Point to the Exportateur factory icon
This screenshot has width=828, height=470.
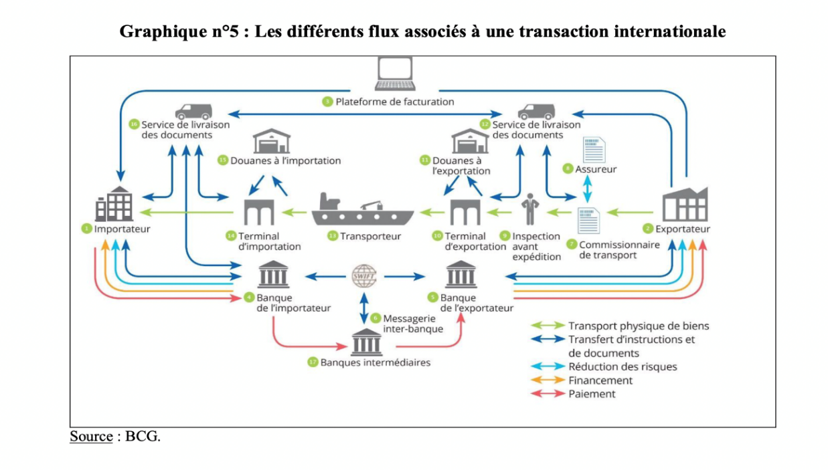pos(684,203)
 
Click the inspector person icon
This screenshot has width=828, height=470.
pos(530,209)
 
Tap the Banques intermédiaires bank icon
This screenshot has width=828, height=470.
pos(367,342)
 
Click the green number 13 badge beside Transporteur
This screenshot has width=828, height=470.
pos(332,235)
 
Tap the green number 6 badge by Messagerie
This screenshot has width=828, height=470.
pos(376,318)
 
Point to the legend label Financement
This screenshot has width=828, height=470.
pos(600,380)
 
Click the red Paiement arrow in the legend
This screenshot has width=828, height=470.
pos(546,394)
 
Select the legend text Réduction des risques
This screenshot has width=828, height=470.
pos(623,366)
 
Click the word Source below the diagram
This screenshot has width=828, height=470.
pos(91,437)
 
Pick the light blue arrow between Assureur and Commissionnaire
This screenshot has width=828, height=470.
pos(588,189)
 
